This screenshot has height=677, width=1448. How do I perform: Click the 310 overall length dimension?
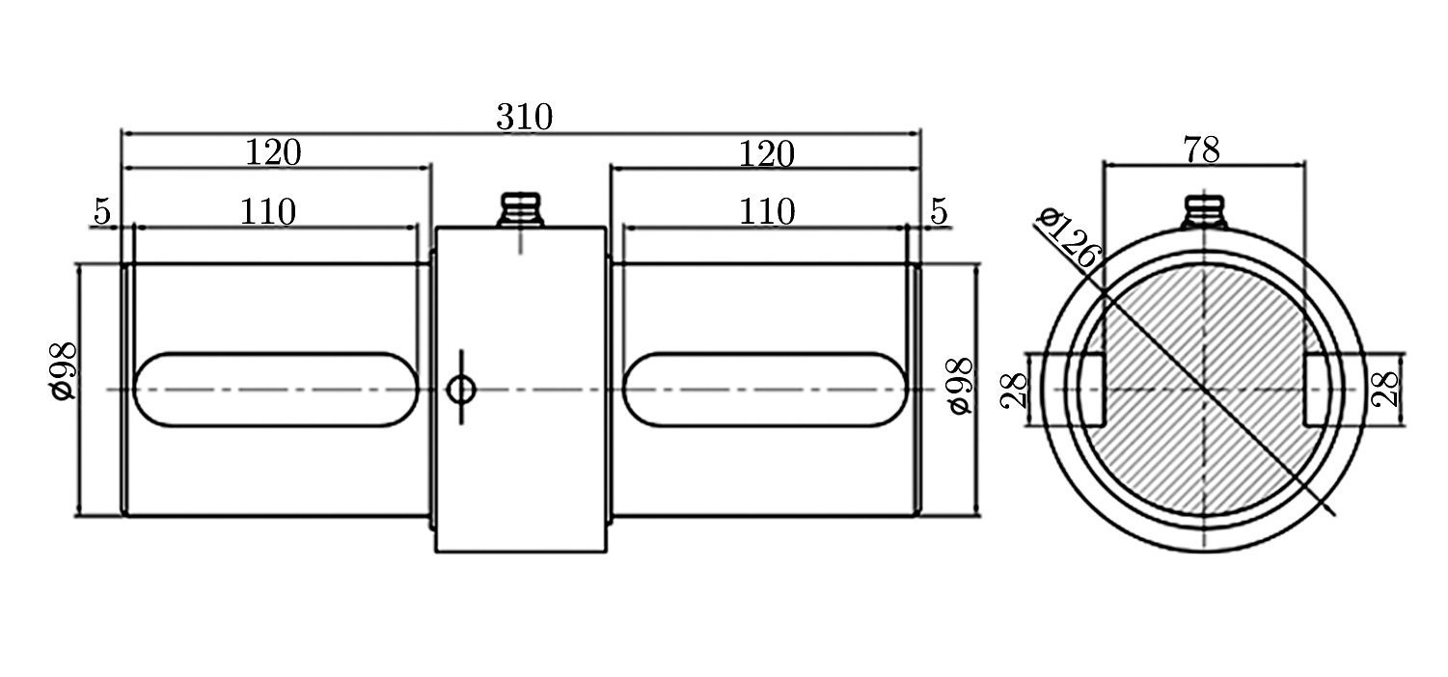524,117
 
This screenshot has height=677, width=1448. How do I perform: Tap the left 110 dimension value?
267,211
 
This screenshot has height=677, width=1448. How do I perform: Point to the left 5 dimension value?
101,210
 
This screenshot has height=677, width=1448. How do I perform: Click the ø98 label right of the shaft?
960,386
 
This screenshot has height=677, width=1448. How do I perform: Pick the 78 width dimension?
1201,149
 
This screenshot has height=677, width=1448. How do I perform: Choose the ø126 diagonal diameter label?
1068,237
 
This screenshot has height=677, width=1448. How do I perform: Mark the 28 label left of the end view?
1016,391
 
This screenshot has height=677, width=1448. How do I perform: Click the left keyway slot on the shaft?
274,390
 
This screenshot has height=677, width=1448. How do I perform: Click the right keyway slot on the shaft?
764,390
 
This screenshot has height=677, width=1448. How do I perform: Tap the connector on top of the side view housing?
521,210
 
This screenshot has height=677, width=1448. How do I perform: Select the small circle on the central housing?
461,390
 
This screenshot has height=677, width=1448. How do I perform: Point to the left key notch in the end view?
1089,390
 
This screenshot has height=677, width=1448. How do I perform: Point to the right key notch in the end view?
1318,390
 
